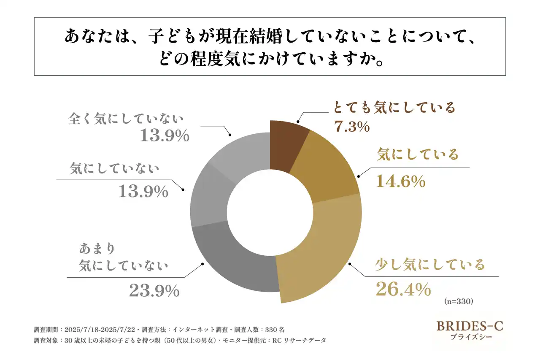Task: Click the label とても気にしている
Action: pos(394,108)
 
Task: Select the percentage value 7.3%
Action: pos(352,126)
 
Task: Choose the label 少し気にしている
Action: pos(430,265)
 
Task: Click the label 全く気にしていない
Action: pos(127,119)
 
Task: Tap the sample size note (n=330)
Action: pos(459,301)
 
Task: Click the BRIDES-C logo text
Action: pos(470,326)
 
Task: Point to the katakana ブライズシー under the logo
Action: pos(470,338)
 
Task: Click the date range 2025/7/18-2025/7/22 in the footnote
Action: pos(102,330)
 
